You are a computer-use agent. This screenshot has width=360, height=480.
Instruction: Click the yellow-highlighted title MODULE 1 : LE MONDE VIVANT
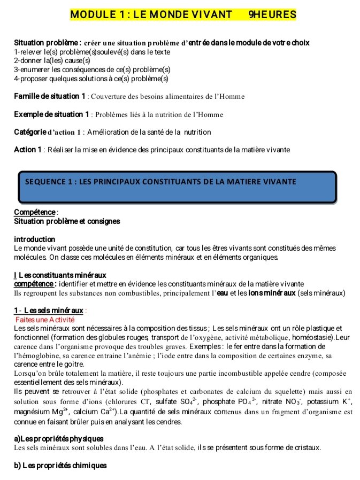click(x=151, y=14)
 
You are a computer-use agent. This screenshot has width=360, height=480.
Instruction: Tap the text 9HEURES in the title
click(x=272, y=14)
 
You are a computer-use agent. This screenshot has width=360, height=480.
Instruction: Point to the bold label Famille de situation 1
click(x=50, y=96)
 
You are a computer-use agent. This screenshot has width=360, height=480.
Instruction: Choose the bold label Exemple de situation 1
click(x=51, y=114)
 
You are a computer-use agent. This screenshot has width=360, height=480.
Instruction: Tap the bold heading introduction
click(x=34, y=239)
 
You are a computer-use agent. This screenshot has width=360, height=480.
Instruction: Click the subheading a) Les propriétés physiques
click(x=59, y=438)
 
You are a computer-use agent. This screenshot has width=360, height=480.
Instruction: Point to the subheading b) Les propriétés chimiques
click(x=60, y=465)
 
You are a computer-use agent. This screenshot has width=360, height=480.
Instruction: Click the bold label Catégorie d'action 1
click(x=47, y=132)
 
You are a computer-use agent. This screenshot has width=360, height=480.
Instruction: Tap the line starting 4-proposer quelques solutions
click(x=91, y=79)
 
